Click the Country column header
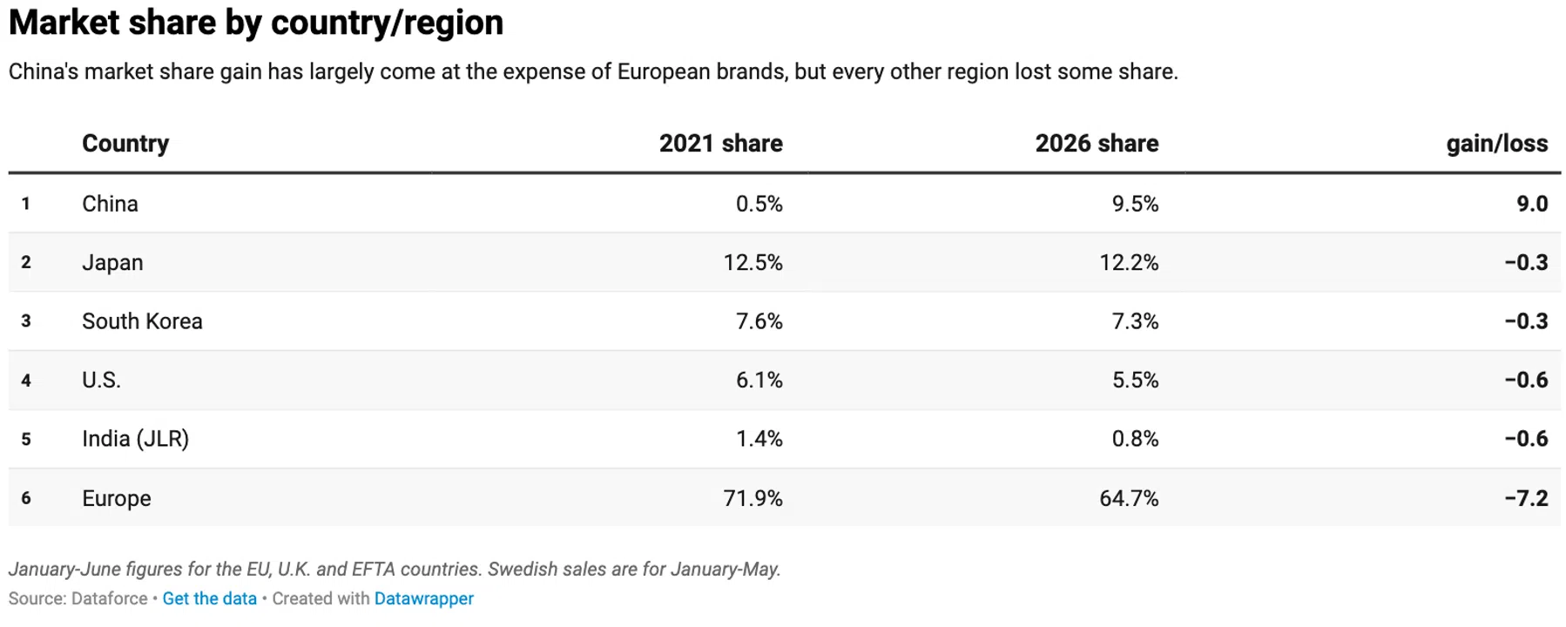(x=125, y=144)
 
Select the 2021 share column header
(x=720, y=144)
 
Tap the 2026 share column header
(x=1097, y=144)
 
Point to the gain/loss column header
(x=1497, y=144)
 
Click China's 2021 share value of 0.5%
(x=759, y=204)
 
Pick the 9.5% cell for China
(x=1135, y=204)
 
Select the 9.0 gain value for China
(x=1532, y=204)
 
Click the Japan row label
(x=112, y=263)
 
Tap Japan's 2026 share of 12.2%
(x=1129, y=263)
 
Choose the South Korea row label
(x=142, y=321)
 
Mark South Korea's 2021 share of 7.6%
(x=759, y=321)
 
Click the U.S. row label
(x=101, y=381)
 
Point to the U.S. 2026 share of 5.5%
(x=1135, y=381)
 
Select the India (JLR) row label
(x=135, y=439)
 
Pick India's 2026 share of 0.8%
(x=1135, y=439)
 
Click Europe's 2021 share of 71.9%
(x=753, y=498)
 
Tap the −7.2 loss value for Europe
(x=1526, y=498)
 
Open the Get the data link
(x=209, y=599)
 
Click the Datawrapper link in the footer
(x=424, y=599)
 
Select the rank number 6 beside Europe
(x=26, y=498)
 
